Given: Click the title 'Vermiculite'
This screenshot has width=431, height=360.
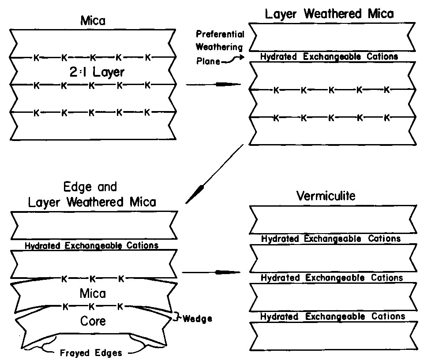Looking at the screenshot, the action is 326,196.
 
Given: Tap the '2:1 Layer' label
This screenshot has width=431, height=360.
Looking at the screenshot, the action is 97,72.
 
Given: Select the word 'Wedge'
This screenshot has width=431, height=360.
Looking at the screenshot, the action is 197,319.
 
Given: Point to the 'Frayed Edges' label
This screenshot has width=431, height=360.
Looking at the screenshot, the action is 91,353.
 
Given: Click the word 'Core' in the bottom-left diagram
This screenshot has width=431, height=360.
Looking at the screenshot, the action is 93,321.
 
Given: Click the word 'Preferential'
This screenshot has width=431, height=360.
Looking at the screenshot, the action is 220,34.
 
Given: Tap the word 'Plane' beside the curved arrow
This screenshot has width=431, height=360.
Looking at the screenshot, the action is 208,61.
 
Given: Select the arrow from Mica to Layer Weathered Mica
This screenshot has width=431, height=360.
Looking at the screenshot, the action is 214,85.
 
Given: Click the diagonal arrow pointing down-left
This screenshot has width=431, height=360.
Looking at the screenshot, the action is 214,174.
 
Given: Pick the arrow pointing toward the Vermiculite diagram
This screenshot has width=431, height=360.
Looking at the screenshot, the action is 211,272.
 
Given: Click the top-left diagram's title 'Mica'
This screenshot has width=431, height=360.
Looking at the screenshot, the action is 93,21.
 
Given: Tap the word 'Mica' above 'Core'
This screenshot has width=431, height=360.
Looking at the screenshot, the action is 93,293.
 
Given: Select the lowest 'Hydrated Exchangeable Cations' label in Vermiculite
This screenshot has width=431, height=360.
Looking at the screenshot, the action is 333,316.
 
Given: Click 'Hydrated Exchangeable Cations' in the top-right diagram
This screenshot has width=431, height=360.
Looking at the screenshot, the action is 329,56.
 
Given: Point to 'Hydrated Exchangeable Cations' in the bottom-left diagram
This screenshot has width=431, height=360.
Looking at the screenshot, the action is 91,245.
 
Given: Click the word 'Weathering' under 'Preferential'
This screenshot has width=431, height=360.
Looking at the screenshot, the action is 219,47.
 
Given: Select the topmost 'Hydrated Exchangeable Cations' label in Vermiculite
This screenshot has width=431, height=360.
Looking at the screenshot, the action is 331,239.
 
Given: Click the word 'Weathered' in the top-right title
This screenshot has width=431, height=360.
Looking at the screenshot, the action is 333,14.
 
